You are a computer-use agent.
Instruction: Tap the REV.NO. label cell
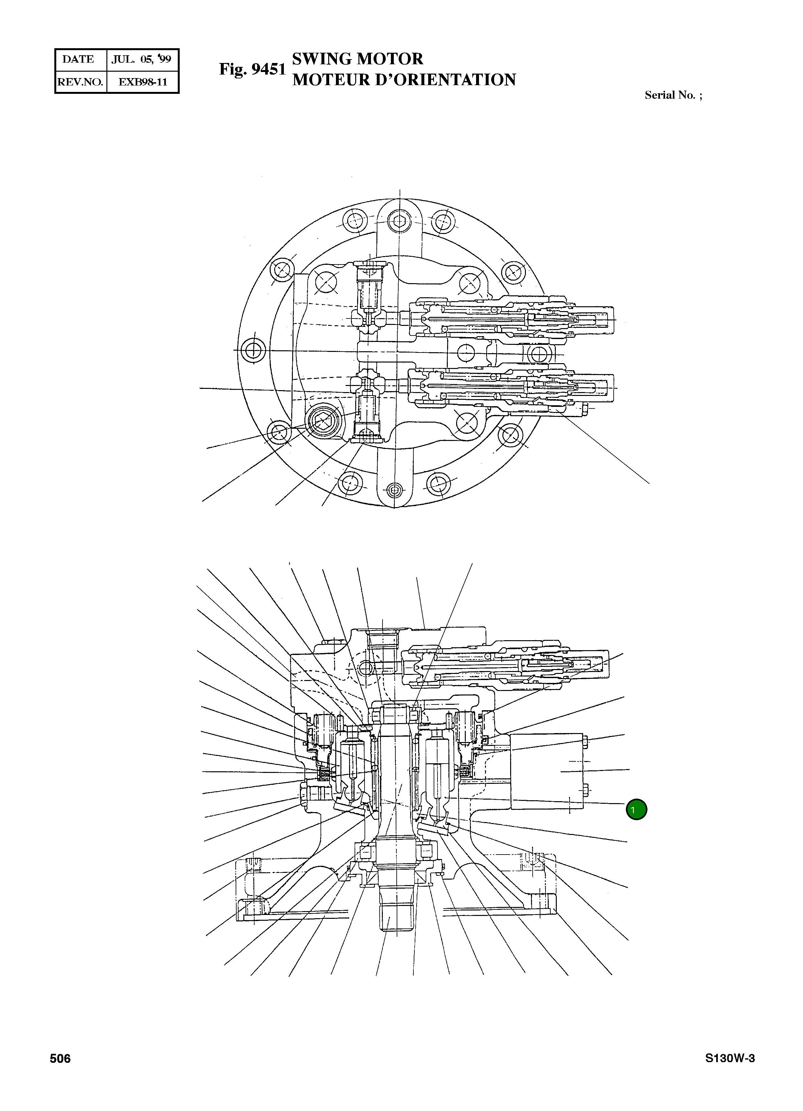tap(80, 82)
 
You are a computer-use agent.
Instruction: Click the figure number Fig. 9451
tap(252, 69)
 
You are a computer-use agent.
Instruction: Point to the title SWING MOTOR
tap(357, 59)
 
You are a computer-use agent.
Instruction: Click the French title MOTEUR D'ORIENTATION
tap(404, 80)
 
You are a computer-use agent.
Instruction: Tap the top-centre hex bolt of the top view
tap(399, 221)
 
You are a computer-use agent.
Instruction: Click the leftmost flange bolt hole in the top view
tap(254, 350)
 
